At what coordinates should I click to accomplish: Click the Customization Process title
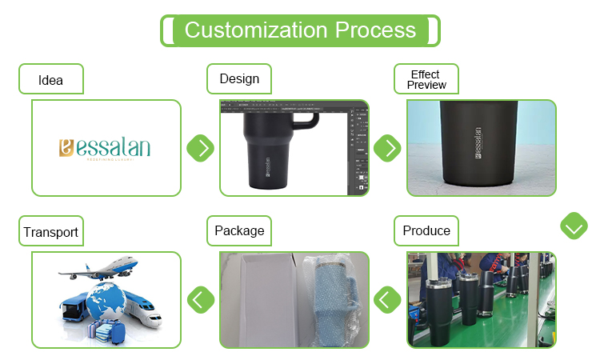pos(300,30)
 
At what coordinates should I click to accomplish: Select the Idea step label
pos(50,80)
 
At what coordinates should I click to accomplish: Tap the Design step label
pos(239,79)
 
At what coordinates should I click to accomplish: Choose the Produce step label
pos(426,231)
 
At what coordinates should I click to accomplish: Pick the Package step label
pos(239,231)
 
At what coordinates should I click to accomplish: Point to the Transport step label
pos(50,233)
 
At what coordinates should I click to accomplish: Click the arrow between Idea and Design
pos(201,148)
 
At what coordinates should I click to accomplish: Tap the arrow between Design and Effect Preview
pos(388,148)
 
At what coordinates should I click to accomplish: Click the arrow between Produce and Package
pos(388,300)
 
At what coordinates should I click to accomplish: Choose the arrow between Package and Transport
pos(201,300)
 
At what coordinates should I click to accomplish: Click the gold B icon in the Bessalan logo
pos(66,147)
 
